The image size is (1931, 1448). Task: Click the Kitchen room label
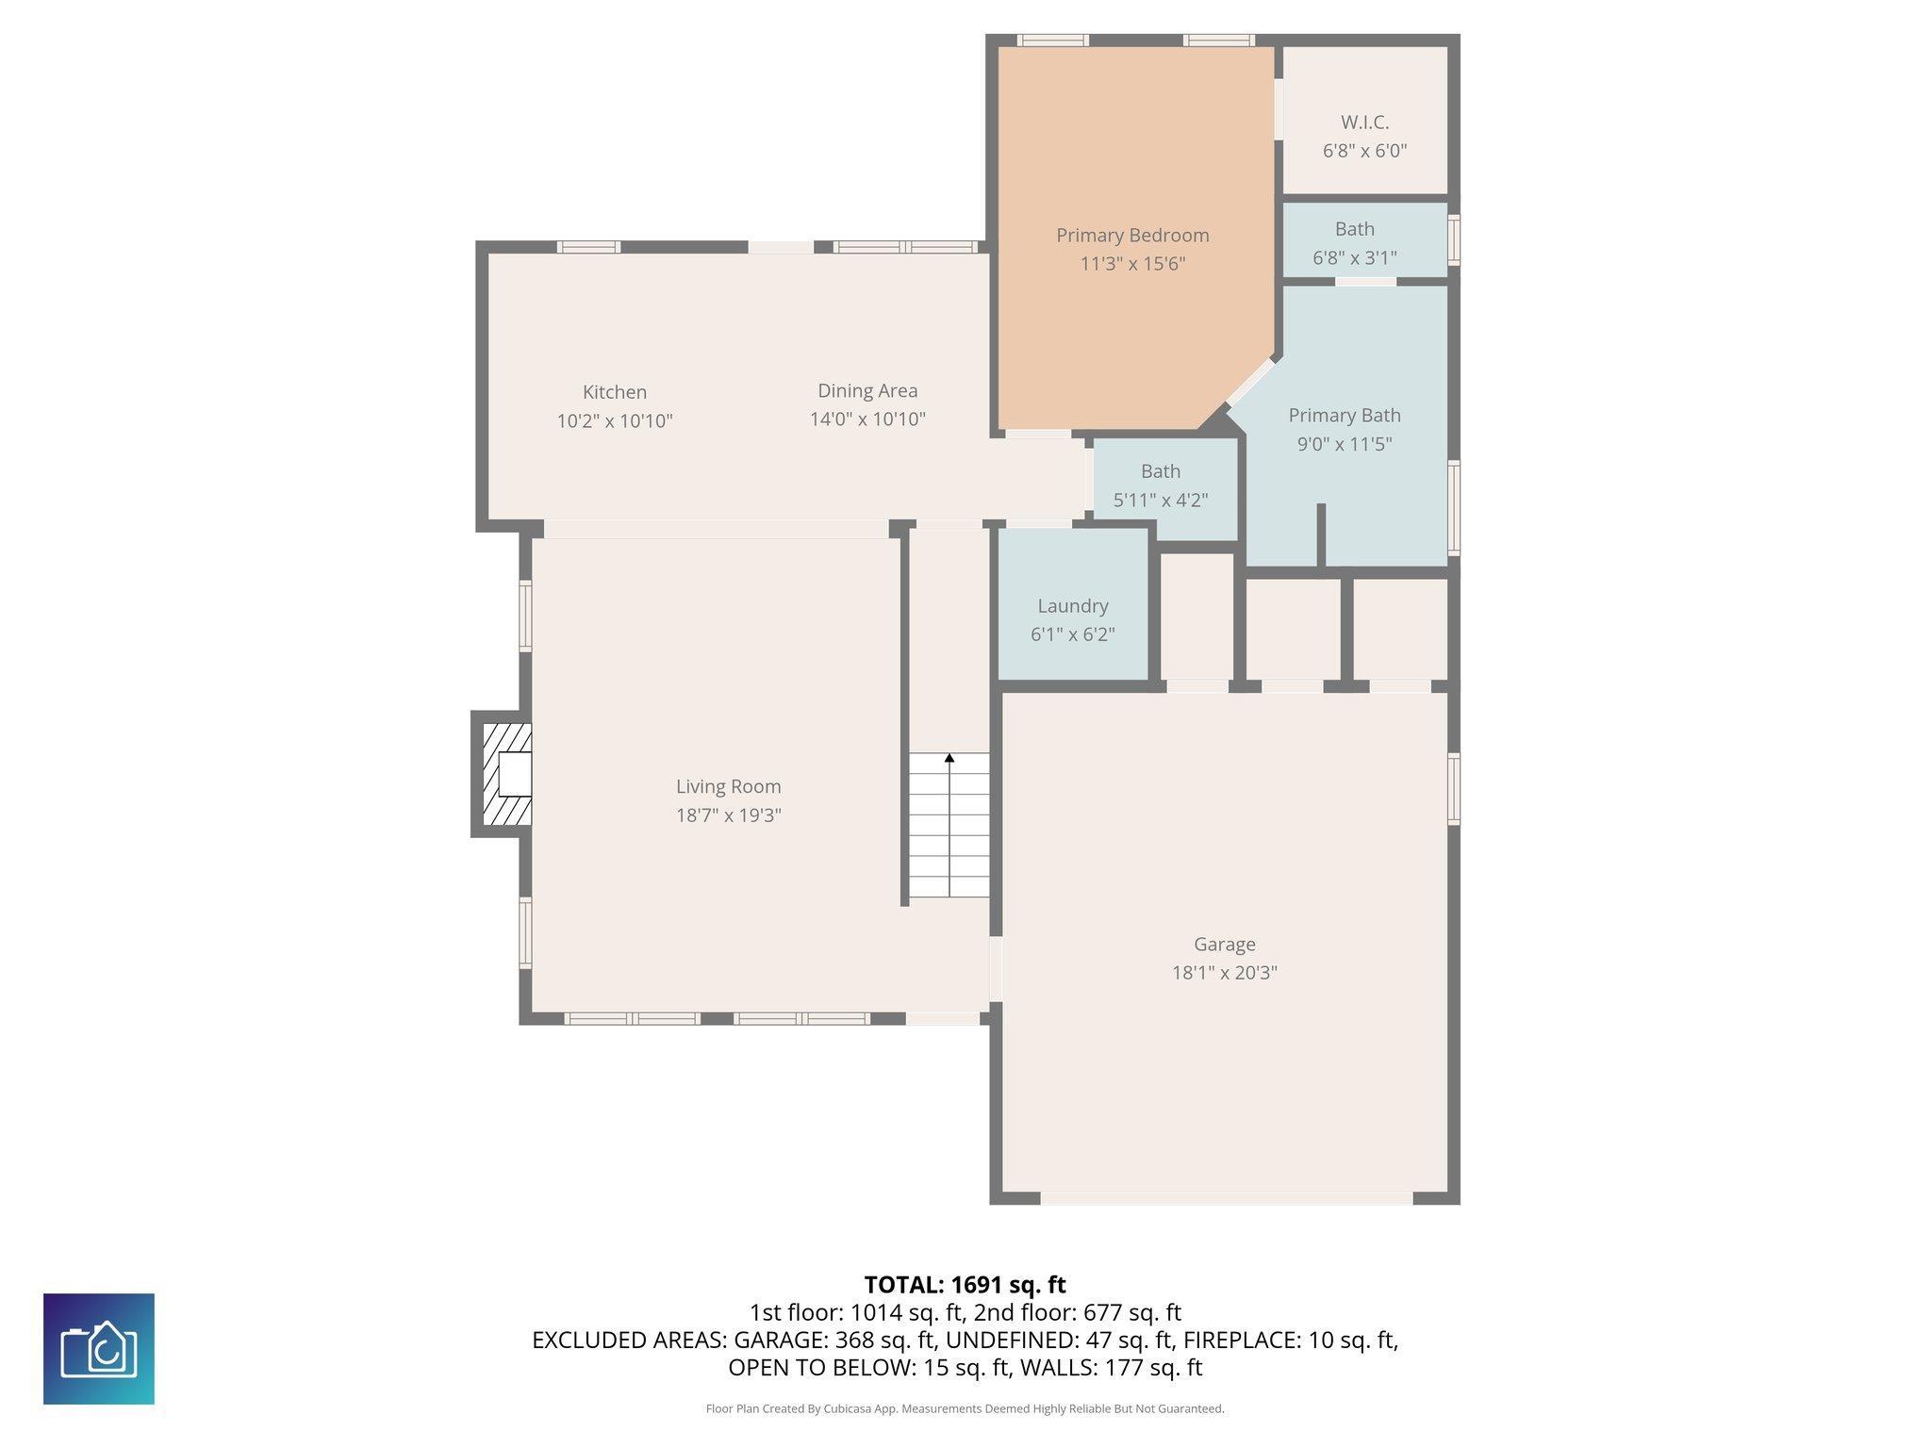pyautogui.click(x=615, y=392)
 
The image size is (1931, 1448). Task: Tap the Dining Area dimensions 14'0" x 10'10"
pyautogui.click(x=867, y=420)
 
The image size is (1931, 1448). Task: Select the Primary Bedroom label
pyautogui.click(x=1132, y=236)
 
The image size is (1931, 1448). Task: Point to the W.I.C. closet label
pyautogui.click(x=1364, y=123)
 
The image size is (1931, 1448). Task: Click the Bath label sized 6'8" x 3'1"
pyautogui.click(x=1354, y=229)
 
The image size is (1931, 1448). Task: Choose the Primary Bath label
pyautogui.click(x=1345, y=416)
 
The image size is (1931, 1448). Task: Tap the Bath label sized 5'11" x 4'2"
pyautogui.click(x=1161, y=471)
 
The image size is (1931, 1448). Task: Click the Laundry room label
pyautogui.click(x=1073, y=606)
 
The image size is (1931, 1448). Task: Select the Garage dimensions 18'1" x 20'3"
pyautogui.click(x=1225, y=973)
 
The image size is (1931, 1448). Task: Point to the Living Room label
pyautogui.click(x=729, y=786)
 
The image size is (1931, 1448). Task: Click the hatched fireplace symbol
pyautogui.click(x=506, y=774)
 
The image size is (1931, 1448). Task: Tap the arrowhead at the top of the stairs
pyautogui.click(x=949, y=758)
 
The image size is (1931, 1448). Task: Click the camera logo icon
pyautogui.click(x=99, y=1349)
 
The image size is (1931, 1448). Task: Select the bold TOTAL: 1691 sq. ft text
pyautogui.click(x=965, y=1285)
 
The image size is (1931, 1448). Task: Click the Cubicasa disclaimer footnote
pyautogui.click(x=965, y=1409)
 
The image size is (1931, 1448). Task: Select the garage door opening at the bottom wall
pyautogui.click(x=1226, y=1198)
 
